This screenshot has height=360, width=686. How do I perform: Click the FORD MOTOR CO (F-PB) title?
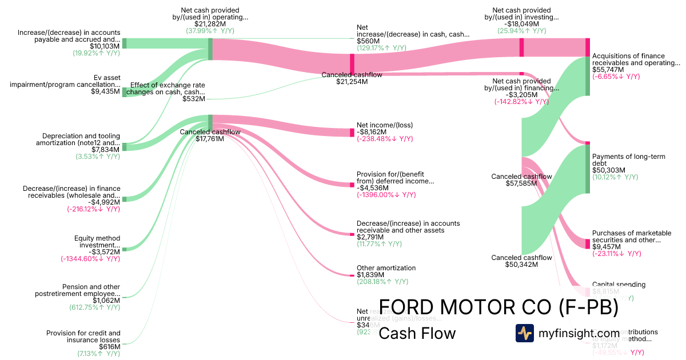(x=498, y=307)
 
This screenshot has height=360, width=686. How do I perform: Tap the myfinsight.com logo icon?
(x=524, y=333)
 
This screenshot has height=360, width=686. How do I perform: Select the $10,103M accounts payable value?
(x=105, y=46)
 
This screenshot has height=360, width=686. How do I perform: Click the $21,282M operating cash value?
(x=210, y=23)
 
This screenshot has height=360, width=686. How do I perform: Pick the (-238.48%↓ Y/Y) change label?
(x=384, y=139)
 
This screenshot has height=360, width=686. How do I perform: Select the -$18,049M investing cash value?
(x=521, y=23)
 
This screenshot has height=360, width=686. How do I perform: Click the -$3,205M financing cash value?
(x=521, y=94)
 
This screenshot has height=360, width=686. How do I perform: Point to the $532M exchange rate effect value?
(x=193, y=99)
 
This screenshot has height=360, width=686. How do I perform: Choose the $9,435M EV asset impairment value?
(x=105, y=91)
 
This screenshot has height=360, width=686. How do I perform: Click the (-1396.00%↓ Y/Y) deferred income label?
(x=386, y=194)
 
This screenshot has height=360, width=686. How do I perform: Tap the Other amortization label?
(x=386, y=267)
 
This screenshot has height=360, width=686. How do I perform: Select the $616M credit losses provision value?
(x=109, y=346)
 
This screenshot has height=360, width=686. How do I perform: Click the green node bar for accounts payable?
(x=125, y=43)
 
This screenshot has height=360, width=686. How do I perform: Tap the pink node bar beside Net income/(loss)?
(x=352, y=133)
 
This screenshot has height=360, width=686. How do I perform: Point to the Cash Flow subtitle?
(x=417, y=333)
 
